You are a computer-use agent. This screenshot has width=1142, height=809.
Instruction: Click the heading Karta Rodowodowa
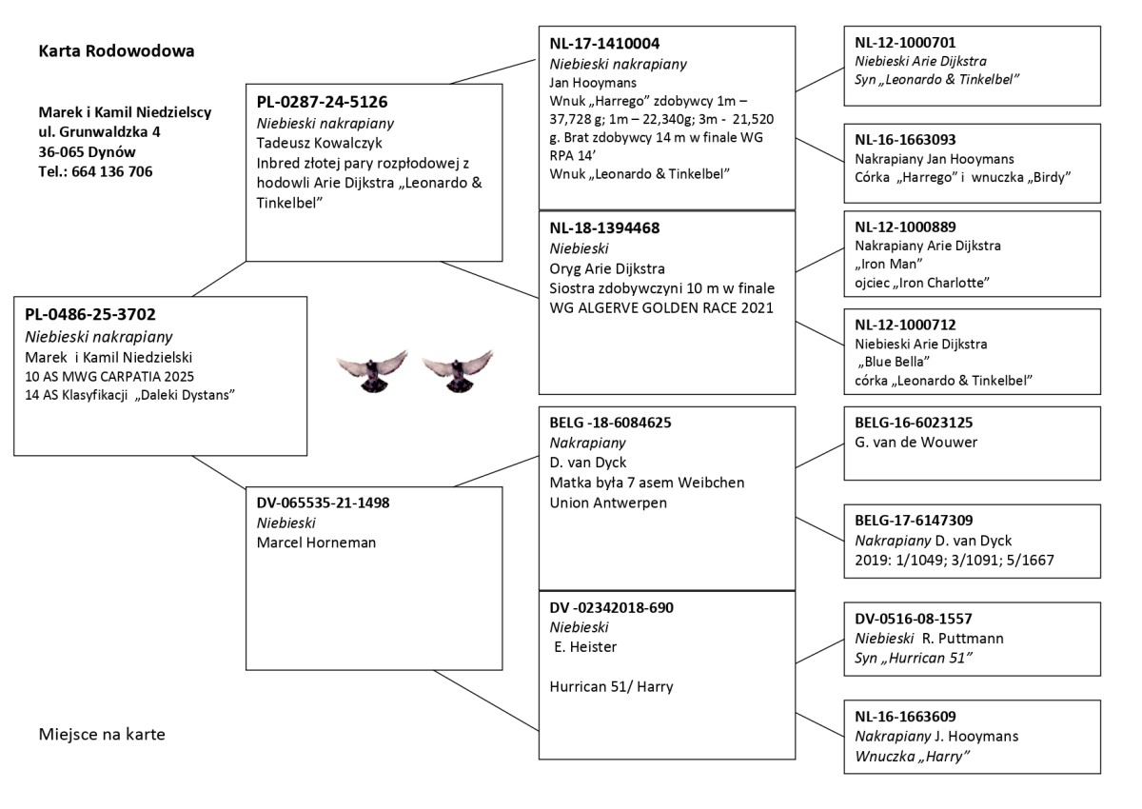117,51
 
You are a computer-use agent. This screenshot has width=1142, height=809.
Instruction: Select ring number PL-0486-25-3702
90,315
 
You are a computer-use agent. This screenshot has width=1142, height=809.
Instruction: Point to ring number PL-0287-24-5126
322,102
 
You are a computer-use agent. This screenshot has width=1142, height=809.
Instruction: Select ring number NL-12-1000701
905,43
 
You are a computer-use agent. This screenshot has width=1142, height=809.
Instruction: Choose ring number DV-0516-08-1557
914,619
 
